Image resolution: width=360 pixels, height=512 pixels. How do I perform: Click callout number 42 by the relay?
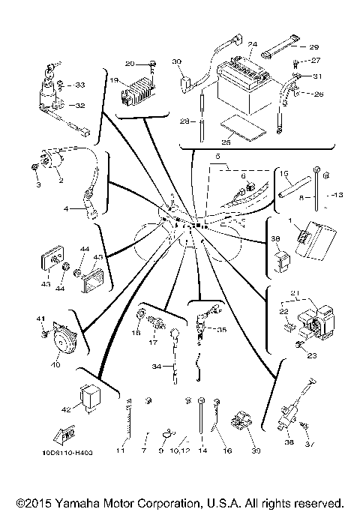[65, 409]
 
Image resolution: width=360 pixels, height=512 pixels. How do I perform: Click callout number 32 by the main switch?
[79, 106]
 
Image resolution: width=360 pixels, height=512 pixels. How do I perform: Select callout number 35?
[221, 329]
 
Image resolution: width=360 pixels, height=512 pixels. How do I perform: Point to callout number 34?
[156, 367]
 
